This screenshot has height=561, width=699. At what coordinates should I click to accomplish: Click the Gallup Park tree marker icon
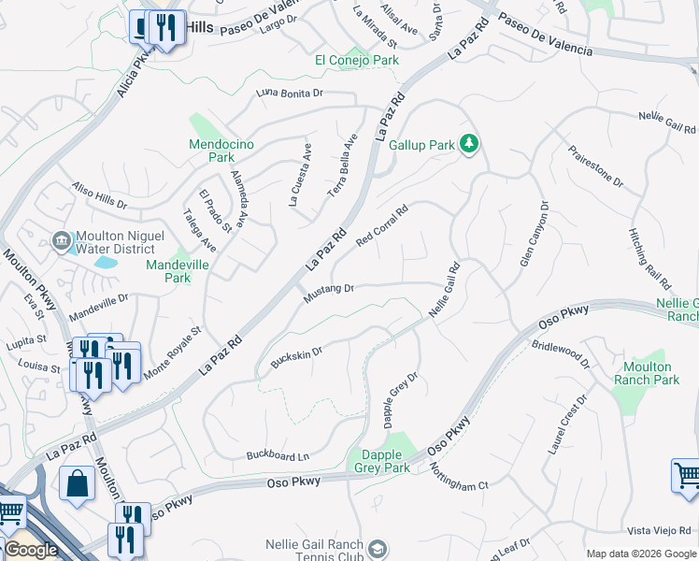470,144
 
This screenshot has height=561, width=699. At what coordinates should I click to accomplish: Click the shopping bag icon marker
77,484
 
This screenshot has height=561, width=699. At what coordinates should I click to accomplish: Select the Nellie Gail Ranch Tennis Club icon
378,549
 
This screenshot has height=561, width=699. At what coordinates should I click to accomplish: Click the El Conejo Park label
357,60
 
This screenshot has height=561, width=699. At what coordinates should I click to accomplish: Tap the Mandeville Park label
177,271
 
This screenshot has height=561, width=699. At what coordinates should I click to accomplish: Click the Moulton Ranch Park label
647,374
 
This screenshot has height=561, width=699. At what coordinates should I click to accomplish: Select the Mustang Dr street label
328,294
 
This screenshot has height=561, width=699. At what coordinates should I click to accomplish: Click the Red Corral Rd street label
383,226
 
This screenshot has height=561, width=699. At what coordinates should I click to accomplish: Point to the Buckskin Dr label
295,357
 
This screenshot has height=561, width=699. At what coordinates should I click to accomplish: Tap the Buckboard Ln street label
278,456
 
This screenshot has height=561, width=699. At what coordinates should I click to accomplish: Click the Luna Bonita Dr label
289,93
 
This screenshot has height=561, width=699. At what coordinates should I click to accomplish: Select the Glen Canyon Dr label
532,234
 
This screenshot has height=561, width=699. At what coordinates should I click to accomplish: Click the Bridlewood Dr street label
561,353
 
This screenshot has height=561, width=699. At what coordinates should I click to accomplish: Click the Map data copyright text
640,554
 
